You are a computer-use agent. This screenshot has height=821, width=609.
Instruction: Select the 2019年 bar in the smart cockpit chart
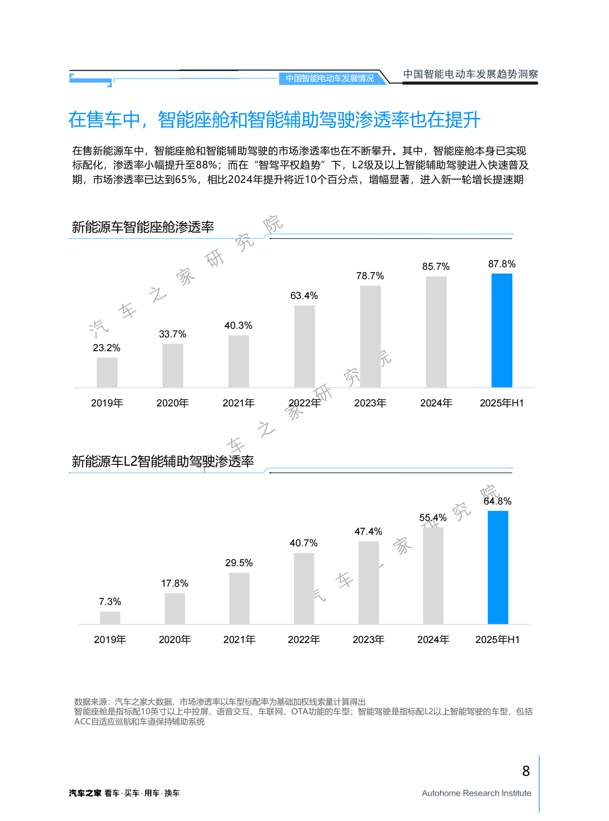pos(107,372)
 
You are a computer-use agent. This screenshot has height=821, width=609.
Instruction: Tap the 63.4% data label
pos(304,296)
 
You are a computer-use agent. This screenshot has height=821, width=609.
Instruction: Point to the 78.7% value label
pos(370,276)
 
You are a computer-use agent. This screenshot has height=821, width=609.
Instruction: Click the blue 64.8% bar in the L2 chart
pos(497,567)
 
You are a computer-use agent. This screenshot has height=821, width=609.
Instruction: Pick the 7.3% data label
pos(110,602)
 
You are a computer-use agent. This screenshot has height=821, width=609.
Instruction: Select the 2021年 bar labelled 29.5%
pos(239,598)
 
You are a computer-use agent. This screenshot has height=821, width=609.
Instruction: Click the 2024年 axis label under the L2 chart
pos(433,640)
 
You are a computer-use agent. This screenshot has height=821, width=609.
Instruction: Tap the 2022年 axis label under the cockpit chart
pos(304,403)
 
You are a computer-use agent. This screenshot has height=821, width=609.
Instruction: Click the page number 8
pos(526,771)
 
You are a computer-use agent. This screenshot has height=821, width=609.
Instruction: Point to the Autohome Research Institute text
pos(476,793)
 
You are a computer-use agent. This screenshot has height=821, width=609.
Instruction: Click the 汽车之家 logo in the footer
pos(85,793)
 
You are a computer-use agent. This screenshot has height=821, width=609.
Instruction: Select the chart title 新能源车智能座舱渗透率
pos(143,227)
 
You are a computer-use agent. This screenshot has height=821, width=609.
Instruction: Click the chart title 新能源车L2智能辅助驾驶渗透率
pos(163,461)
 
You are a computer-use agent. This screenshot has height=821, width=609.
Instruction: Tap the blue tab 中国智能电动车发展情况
pos(329,78)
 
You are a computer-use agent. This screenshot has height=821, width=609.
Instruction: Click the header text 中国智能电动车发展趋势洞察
pos(470,74)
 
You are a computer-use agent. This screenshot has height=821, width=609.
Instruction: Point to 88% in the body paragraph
pos(206,165)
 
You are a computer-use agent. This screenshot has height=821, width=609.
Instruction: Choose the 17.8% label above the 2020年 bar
pos(175,583)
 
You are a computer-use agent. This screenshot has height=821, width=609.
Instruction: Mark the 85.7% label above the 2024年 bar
pos(436,266)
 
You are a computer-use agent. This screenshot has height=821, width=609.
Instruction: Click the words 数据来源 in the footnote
pos(90,702)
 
